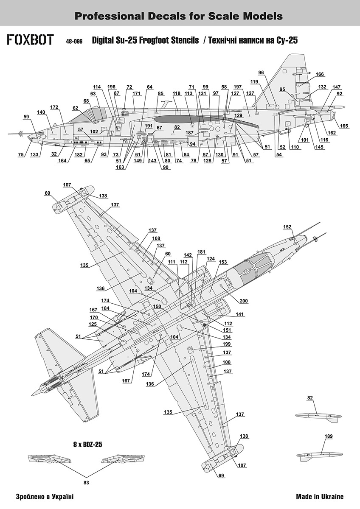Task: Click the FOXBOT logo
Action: (30, 40)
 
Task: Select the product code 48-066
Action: (74, 42)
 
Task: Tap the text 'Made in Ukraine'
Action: (320, 497)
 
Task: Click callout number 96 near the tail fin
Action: (261, 73)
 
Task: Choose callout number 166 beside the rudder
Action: (320, 74)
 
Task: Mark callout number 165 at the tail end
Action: (344, 126)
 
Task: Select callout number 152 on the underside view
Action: (287, 227)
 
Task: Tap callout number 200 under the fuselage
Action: (243, 301)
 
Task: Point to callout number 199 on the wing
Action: (228, 344)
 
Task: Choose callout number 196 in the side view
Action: (111, 87)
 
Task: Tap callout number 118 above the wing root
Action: (177, 93)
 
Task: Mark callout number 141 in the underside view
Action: (240, 314)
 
